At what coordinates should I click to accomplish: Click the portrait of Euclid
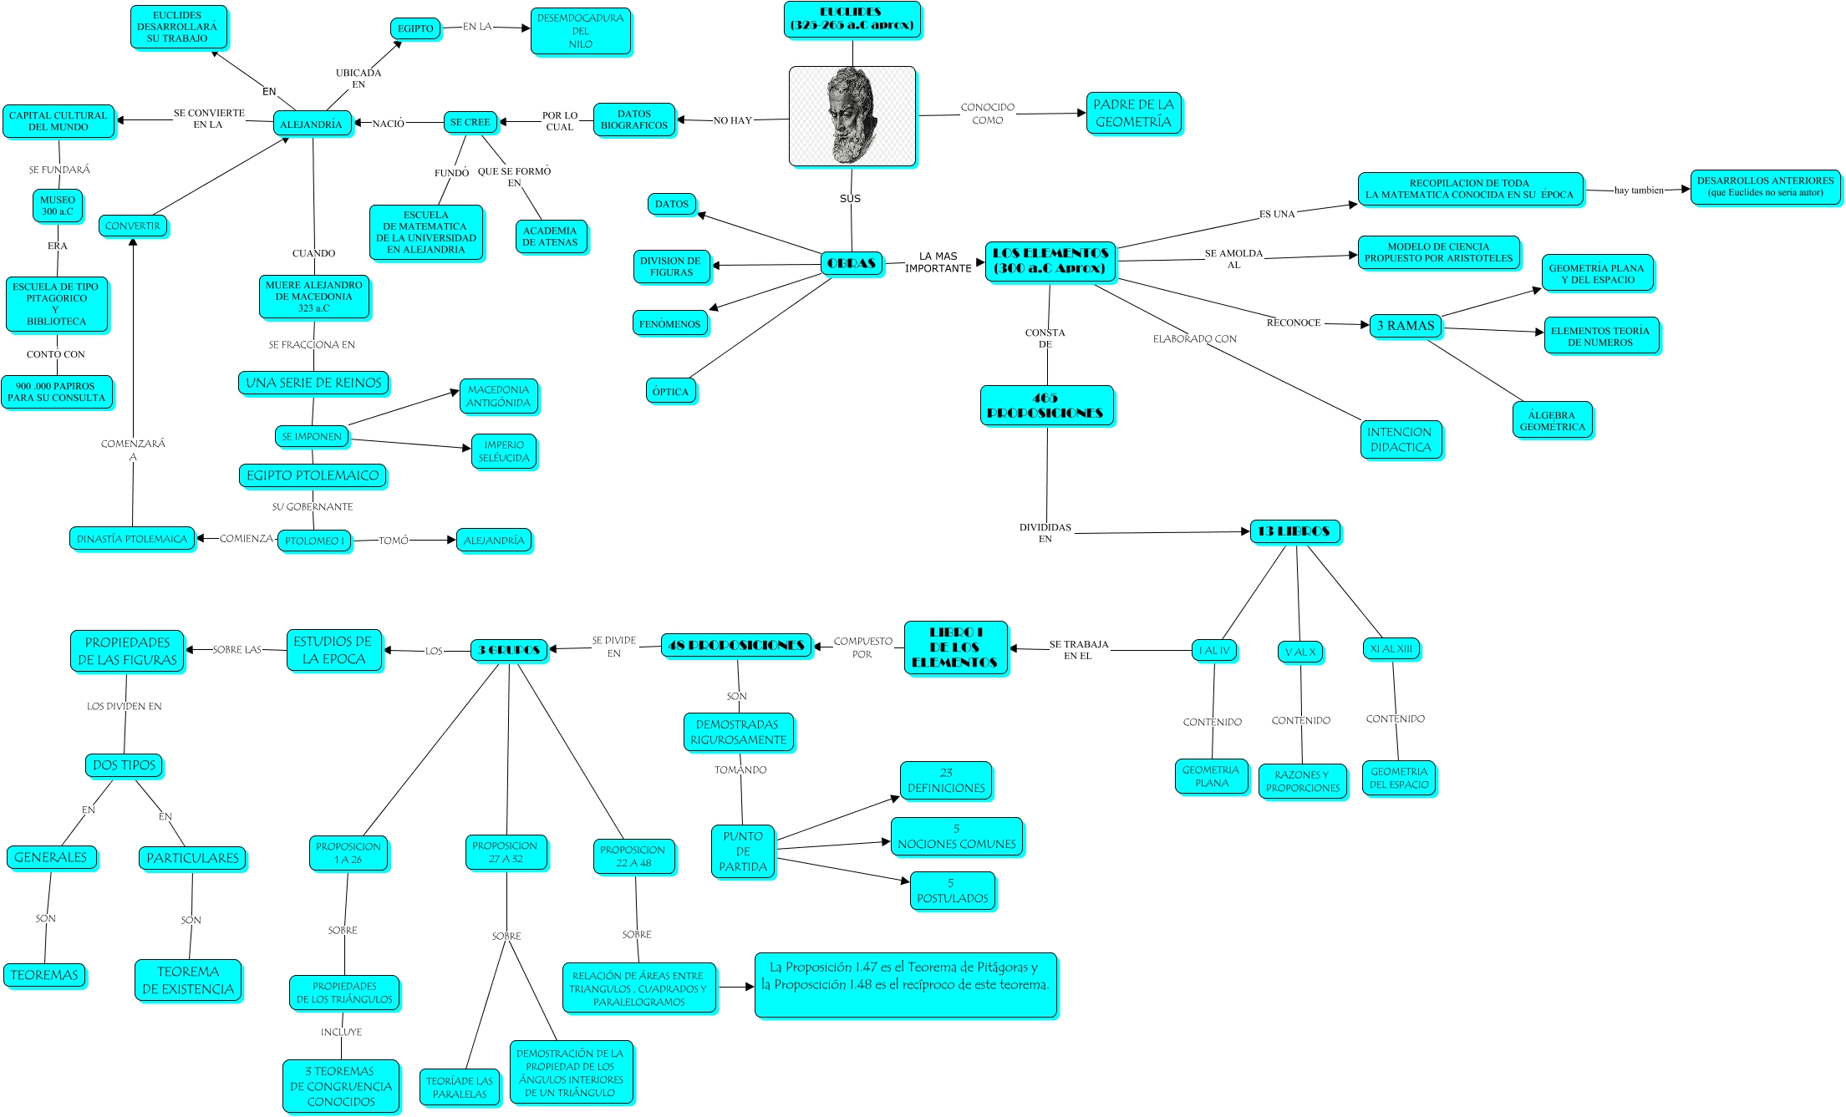[852, 116]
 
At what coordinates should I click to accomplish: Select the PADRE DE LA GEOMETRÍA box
[1133, 114]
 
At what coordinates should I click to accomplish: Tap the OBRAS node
[852, 263]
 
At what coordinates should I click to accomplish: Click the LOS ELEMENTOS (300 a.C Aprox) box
[1050, 261]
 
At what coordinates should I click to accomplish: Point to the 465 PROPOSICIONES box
[1045, 405]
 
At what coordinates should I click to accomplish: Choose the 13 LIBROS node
[1294, 531]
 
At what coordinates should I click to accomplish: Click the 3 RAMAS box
[1406, 326]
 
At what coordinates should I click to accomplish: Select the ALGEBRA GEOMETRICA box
[1552, 420]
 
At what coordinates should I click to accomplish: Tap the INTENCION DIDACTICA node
[1400, 439]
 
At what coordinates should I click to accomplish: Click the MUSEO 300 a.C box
[58, 206]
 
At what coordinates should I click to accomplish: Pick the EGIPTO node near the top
[415, 28]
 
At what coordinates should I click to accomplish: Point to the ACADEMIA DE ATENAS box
[550, 236]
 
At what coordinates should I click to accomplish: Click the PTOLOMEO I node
[314, 541]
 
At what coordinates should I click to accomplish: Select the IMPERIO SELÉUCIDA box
[504, 451]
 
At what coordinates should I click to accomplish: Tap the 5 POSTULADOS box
[952, 891]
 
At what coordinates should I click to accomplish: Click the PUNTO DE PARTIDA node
[743, 851]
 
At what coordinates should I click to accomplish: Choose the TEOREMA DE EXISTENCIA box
[188, 980]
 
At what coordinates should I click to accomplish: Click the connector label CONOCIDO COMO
[987, 114]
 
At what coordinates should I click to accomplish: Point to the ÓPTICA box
[670, 391]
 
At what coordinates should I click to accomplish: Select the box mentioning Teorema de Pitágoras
[906, 985]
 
